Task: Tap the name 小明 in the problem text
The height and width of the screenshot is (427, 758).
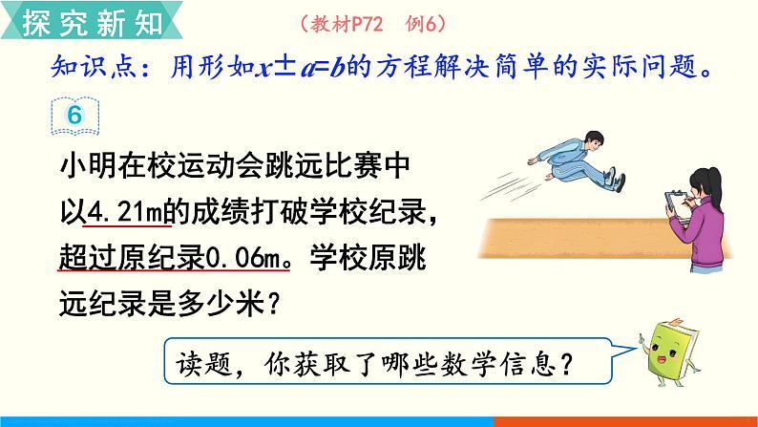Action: (x=81, y=167)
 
